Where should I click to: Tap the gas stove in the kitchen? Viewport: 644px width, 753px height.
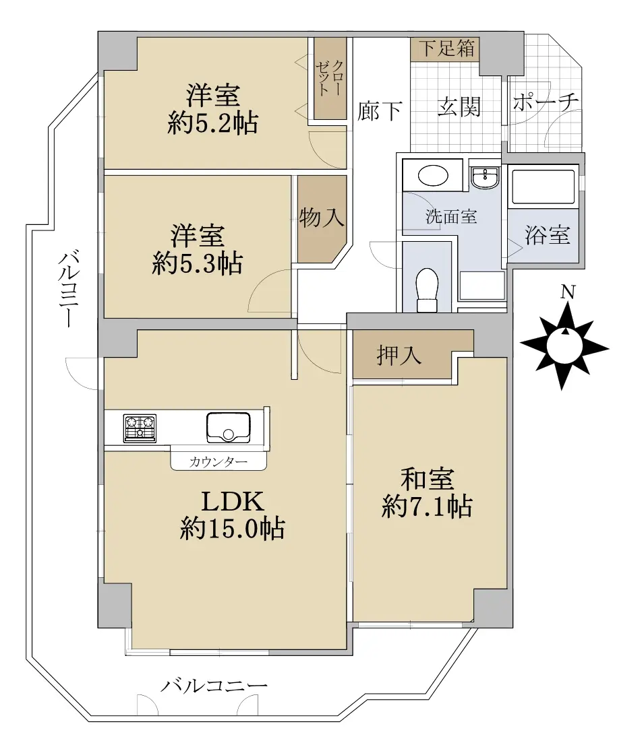pos(140,428)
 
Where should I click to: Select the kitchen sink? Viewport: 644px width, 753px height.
pos(229,427)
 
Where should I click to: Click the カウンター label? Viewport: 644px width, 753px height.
pos(218,462)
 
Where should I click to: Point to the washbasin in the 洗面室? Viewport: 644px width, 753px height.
pos(486,178)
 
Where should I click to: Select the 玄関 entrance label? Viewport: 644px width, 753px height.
pos(459,106)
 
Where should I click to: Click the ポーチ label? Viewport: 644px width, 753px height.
pos(546,102)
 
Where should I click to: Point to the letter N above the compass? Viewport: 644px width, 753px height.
pos(569,292)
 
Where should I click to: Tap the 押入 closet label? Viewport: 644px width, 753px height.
pos(399,356)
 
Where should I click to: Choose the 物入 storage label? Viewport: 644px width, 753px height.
pos(321,218)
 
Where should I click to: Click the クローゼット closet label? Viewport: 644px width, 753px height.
pos(330,78)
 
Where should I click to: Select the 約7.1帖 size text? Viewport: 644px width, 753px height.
pos(427,506)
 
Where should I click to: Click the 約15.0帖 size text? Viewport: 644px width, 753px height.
pos(232,529)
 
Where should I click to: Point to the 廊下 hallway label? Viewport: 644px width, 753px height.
pos(380,111)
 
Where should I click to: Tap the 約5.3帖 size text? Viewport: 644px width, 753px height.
pos(197,263)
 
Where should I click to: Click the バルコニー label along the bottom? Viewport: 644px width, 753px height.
pos(214,686)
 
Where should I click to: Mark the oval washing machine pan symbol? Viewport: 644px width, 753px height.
pos(434,176)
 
